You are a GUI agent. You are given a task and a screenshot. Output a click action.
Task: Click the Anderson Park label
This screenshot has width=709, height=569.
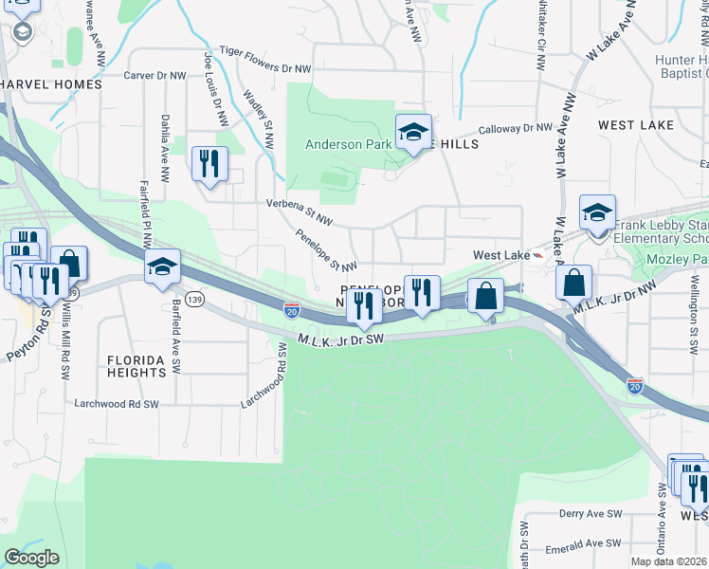(346, 144)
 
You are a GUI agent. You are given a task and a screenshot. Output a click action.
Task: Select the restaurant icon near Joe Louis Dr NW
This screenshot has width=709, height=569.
(209, 163)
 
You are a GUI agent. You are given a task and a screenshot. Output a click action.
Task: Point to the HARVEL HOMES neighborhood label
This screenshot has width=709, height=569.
(51, 84)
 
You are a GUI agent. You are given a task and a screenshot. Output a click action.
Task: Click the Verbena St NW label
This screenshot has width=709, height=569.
(300, 211)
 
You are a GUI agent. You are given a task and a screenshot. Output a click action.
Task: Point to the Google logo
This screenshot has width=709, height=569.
(31, 558)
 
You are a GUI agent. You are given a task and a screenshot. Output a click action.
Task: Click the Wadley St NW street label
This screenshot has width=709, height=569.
(258, 119)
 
